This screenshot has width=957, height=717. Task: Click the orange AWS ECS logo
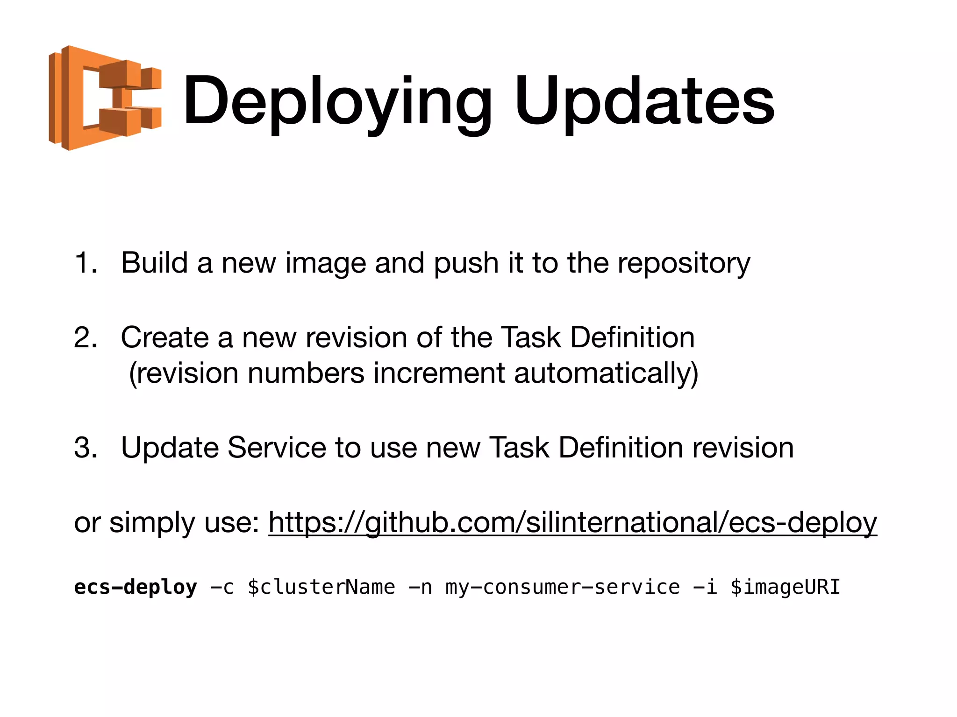click(105, 98)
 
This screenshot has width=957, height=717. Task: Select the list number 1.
click(86, 263)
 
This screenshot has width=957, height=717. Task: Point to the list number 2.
click(86, 337)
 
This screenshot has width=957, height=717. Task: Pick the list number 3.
click(86, 448)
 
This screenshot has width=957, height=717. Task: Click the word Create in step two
click(164, 337)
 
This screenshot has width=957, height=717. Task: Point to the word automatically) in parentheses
click(606, 373)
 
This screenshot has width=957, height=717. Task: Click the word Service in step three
click(277, 448)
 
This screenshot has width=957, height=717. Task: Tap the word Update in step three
click(170, 448)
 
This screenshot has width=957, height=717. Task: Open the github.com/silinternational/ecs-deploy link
click(572, 522)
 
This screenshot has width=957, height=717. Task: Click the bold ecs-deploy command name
click(136, 587)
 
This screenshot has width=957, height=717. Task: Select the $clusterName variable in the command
click(321, 587)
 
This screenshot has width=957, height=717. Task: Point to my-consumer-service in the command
click(563, 587)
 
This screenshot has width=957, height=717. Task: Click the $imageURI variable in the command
click(785, 587)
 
